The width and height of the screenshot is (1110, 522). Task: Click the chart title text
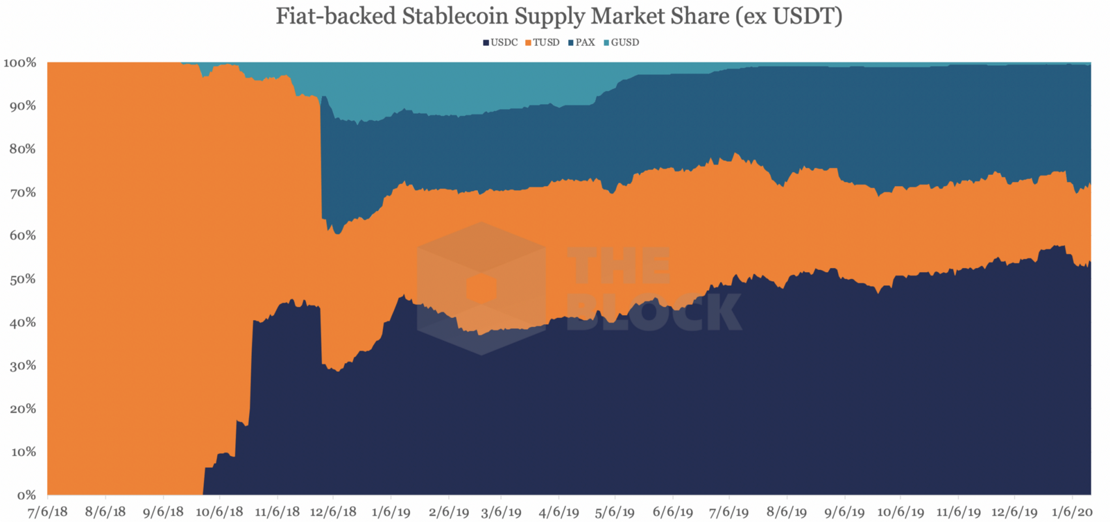click(x=558, y=16)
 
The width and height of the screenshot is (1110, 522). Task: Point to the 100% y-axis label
click(x=19, y=63)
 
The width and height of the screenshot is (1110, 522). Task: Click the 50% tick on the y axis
click(x=22, y=279)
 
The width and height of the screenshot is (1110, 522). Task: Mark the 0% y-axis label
click(x=26, y=495)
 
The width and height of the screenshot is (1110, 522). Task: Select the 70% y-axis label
click(x=22, y=192)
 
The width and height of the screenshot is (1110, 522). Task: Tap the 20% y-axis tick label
click(x=22, y=409)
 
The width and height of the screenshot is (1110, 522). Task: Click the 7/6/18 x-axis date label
click(x=48, y=512)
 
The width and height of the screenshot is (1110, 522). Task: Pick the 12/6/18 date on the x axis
click(x=333, y=512)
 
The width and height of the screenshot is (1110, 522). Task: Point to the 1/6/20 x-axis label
click(x=1072, y=512)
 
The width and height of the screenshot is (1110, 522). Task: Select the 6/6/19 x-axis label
click(x=672, y=512)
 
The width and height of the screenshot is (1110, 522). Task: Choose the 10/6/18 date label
click(x=219, y=512)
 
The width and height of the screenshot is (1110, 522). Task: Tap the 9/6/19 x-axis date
click(x=844, y=512)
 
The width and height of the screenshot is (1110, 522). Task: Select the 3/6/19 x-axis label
click(x=501, y=512)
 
